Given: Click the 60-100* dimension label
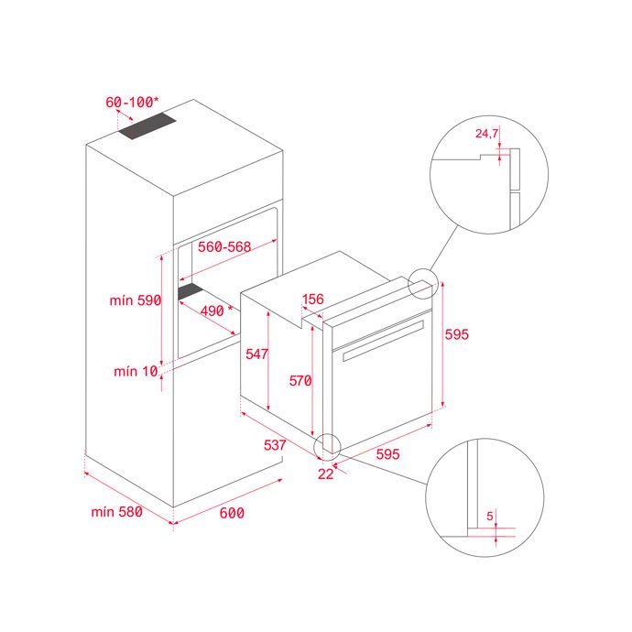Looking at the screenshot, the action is click(132, 102).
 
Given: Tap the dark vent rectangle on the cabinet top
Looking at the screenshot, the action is click(147, 126).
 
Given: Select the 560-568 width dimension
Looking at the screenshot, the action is click(224, 246).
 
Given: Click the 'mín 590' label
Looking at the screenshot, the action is click(136, 300).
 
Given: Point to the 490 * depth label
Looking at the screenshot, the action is click(216, 311).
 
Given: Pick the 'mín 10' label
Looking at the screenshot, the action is click(136, 371).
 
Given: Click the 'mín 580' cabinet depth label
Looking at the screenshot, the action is click(116, 512).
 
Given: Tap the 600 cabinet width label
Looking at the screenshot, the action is click(232, 513).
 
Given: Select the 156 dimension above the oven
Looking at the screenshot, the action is click(312, 300).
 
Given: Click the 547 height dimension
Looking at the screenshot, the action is click(256, 354).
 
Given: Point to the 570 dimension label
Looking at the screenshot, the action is click(300, 380).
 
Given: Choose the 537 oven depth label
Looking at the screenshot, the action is click(275, 445).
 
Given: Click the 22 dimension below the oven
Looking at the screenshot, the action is click(326, 474).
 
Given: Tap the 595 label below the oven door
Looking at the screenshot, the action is click(387, 454).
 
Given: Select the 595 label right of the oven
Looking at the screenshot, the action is click(457, 334).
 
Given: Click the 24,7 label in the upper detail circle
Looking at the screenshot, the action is click(487, 134).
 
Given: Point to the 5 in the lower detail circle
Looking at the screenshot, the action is click(490, 516).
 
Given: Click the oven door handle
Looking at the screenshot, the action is click(383, 341).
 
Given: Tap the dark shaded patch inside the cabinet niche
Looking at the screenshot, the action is click(191, 290).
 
